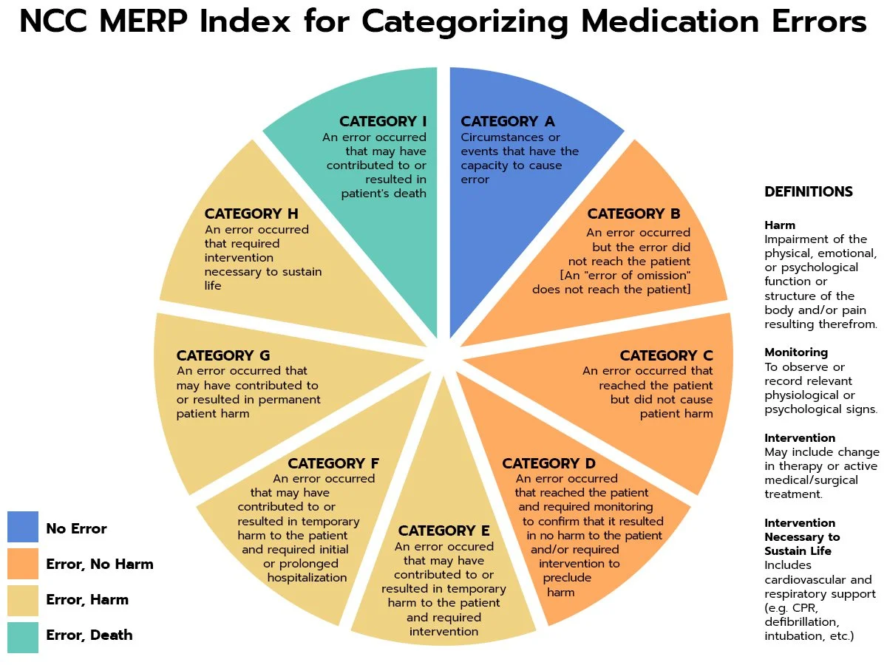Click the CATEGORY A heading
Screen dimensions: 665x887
[507, 121]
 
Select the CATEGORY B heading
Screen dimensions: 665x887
[633, 214]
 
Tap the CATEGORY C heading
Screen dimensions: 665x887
[666, 355]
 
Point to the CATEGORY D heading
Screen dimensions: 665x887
[548, 463]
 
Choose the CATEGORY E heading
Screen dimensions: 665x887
[443, 531]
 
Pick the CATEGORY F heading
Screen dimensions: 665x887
[333, 463]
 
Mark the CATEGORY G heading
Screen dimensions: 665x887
[223, 355]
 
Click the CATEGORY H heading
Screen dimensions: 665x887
[251, 214]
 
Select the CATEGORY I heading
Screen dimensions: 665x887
[383, 121]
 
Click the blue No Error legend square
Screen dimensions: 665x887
[22, 528]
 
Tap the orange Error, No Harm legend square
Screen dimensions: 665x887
[22, 563]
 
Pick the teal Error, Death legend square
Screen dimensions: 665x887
[22, 636]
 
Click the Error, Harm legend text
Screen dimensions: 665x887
[87, 599]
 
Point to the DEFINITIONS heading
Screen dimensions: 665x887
[808, 192]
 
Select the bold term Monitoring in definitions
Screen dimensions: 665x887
[795, 352]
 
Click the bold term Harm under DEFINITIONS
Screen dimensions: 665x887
[780, 225]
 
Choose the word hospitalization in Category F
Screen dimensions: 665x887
[307, 578]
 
